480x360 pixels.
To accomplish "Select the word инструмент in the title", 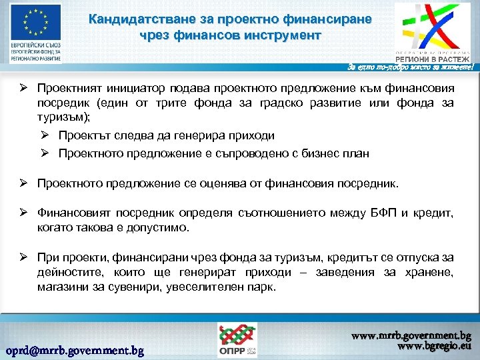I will [283, 35].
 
